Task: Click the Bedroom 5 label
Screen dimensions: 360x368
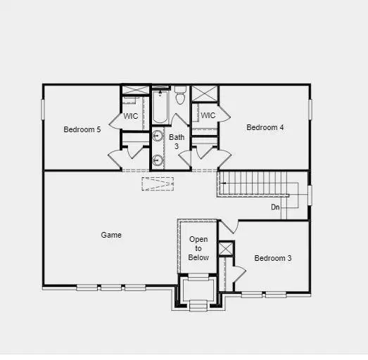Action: tap(82, 129)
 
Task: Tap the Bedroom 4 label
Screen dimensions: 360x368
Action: tap(265, 127)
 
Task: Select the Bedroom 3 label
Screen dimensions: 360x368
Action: tap(272, 258)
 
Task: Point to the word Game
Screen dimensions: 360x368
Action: tap(111, 235)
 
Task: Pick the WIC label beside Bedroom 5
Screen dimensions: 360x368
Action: tap(131, 116)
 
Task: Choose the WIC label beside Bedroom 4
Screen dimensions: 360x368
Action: tap(208, 115)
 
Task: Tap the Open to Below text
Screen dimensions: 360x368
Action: tap(198, 248)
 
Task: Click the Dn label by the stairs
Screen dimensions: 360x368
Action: tap(275, 207)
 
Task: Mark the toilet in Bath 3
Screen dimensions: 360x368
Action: tap(179, 96)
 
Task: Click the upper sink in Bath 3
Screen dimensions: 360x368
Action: tap(158, 137)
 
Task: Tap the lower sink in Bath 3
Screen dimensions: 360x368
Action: tap(158, 160)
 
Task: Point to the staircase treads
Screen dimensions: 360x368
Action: tap(253, 186)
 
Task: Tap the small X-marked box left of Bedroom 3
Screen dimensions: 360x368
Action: tap(225, 249)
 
